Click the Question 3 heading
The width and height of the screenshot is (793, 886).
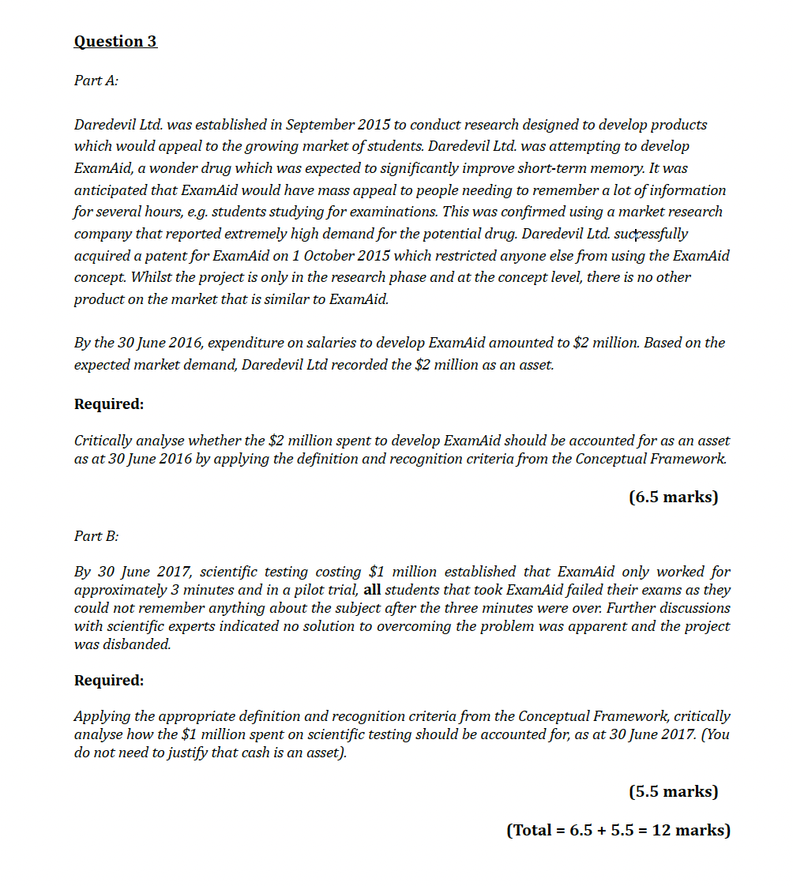pos(115,41)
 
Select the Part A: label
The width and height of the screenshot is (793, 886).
pos(96,81)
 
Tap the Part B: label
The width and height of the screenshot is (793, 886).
pos(96,536)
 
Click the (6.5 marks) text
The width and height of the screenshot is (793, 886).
pos(673,497)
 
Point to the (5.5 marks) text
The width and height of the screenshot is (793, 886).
pos(673,791)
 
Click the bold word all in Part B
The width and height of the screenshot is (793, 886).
pos(373,590)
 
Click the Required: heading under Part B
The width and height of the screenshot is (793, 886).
pos(109,681)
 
